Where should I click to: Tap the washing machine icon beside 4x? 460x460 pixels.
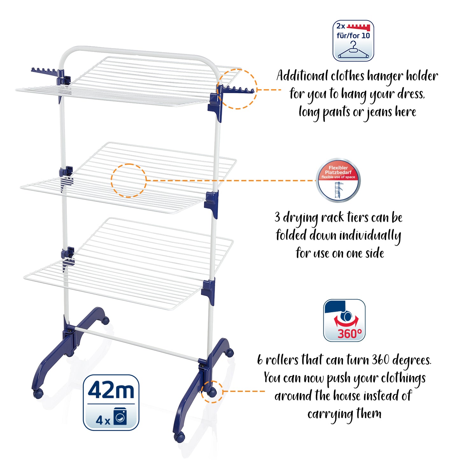tap(120, 416)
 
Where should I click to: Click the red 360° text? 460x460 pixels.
tap(350, 334)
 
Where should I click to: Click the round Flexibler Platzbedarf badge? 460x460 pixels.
tap(338, 180)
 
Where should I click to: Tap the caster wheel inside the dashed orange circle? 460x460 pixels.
tap(212, 392)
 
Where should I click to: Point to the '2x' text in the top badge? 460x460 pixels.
tap(341, 26)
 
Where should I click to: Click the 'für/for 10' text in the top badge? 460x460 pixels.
tap(353, 36)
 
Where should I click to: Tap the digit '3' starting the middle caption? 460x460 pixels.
tap(277, 217)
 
